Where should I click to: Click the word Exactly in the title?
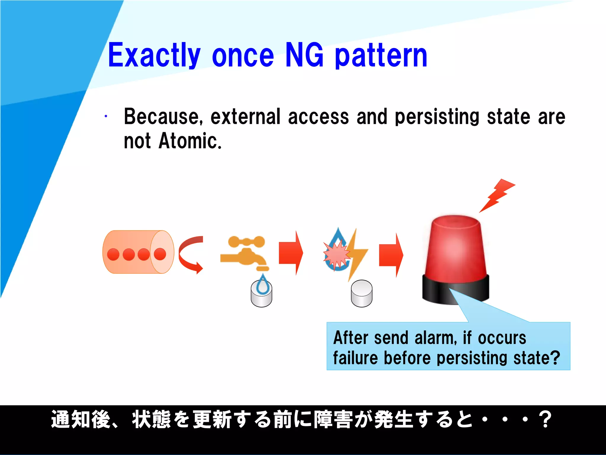154,55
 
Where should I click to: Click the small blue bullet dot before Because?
106,116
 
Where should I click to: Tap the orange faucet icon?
245,253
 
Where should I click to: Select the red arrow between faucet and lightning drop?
291,253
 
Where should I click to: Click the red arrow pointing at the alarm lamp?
391,255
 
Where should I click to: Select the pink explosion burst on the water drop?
336,254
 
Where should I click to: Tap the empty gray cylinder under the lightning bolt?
362,294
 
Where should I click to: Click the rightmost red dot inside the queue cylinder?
160,254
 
